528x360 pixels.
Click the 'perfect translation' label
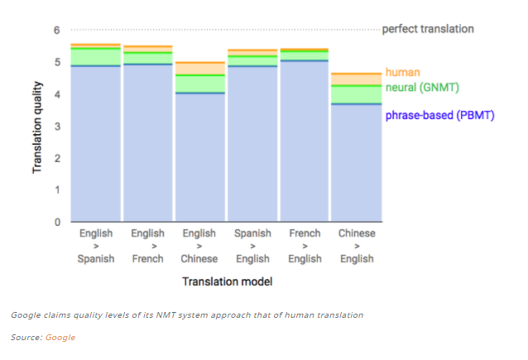point(428,29)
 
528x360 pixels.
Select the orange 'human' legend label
point(402,73)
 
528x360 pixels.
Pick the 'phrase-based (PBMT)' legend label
point(439,116)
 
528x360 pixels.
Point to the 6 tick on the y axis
point(57,30)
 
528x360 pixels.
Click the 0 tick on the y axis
point(57,222)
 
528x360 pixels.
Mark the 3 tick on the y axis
point(57,126)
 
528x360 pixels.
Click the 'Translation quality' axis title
point(37,126)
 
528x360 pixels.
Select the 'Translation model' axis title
point(227,281)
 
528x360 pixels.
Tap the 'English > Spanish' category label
point(96,246)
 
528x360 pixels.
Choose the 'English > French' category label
point(147,246)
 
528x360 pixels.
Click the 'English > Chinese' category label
point(199,246)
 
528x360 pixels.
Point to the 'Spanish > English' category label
point(252,246)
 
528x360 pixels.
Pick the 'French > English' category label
point(305,246)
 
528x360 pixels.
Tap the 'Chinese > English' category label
point(357,246)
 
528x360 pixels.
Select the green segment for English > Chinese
point(199,84)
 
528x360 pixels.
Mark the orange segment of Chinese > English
point(357,79)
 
